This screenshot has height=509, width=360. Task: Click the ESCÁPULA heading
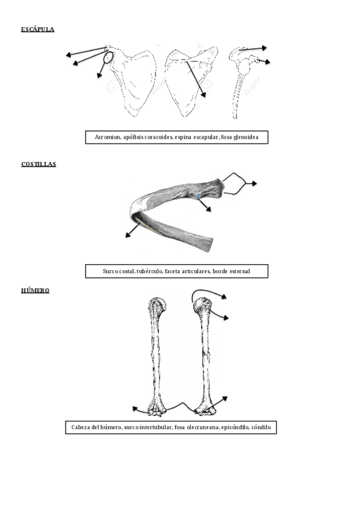point(38,29)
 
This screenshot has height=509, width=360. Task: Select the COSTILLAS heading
point(38,164)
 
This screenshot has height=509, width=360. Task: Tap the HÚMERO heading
point(35,291)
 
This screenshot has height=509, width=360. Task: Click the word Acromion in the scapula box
point(107,137)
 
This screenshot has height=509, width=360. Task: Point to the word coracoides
point(158,137)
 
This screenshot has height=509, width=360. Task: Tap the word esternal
point(238,271)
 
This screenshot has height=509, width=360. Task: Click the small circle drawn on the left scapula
point(108,58)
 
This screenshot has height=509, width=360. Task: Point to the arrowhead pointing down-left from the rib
point(127,235)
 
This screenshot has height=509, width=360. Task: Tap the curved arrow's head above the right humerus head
point(223,296)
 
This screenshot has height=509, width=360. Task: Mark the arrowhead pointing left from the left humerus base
point(134,409)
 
